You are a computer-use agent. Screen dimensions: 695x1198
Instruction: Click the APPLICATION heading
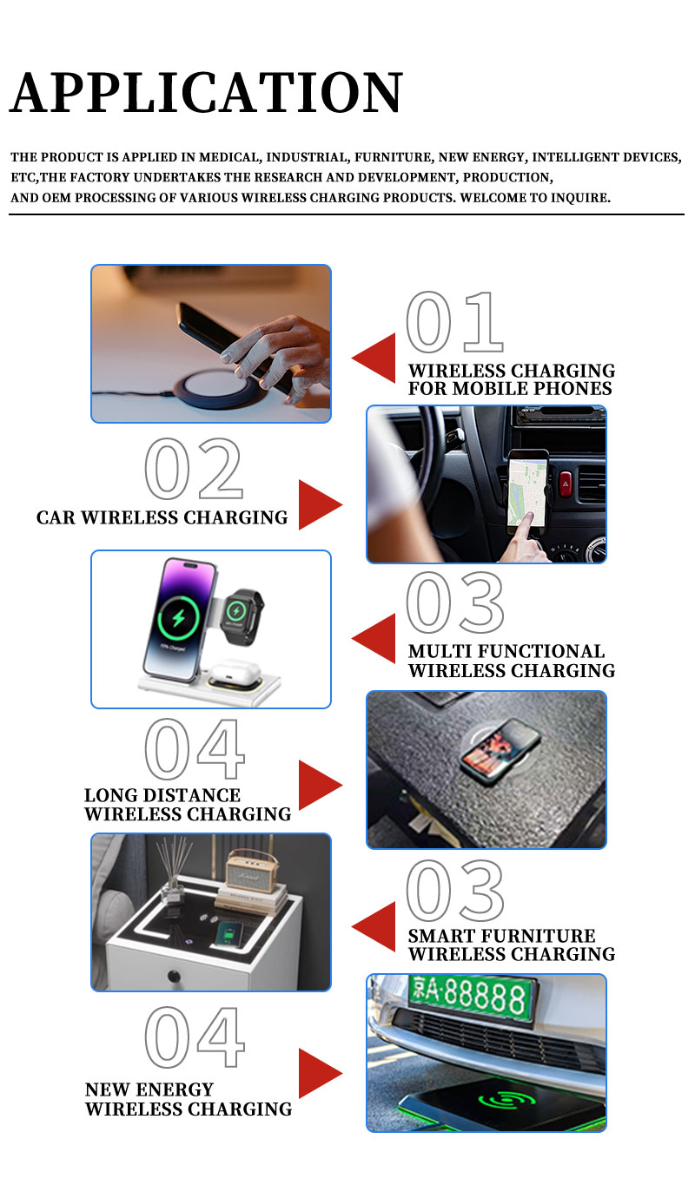(206, 92)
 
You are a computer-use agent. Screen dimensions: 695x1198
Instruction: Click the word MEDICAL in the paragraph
(229, 157)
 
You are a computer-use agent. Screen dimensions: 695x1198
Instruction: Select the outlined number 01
(454, 321)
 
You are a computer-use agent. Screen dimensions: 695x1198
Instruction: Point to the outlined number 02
(194, 468)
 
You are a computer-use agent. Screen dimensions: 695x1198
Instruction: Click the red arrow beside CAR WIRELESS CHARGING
(320, 504)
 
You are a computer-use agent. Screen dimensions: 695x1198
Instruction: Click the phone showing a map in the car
(528, 490)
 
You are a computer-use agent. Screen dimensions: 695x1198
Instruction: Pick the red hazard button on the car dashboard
(566, 484)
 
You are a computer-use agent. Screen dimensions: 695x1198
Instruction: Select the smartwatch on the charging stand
(241, 616)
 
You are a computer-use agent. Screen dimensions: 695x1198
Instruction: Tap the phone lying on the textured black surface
(500, 750)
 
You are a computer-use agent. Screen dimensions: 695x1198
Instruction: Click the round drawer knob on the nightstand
(174, 977)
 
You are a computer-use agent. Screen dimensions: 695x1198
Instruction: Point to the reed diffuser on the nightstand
(174, 870)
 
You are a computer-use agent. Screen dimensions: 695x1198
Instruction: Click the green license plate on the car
(471, 996)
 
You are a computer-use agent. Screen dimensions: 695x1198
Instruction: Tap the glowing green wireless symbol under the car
(506, 1100)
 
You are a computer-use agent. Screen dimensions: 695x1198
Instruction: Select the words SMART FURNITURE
(501, 936)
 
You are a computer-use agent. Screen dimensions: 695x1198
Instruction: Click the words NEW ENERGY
(149, 1089)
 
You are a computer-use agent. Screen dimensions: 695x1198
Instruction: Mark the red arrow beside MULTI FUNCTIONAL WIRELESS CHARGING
(374, 638)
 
